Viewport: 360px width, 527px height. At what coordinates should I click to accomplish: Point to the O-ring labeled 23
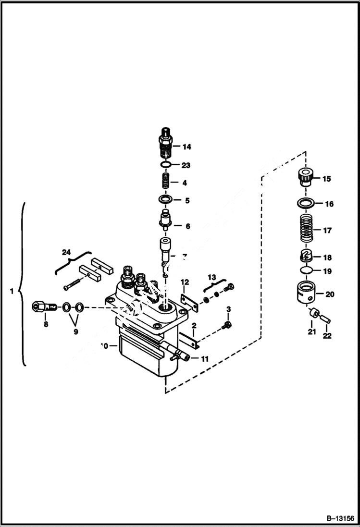[165, 165]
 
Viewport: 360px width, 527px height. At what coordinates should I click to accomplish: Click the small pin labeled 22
[325, 318]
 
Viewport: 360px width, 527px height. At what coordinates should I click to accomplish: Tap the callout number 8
[46, 325]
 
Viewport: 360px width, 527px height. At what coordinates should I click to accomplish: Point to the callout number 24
[66, 251]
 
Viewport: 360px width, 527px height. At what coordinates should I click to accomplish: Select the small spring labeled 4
[165, 183]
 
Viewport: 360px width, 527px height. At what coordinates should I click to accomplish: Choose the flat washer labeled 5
[165, 199]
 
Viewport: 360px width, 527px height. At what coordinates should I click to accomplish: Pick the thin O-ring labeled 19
[304, 270]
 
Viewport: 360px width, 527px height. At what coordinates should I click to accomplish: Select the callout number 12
[185, 281]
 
